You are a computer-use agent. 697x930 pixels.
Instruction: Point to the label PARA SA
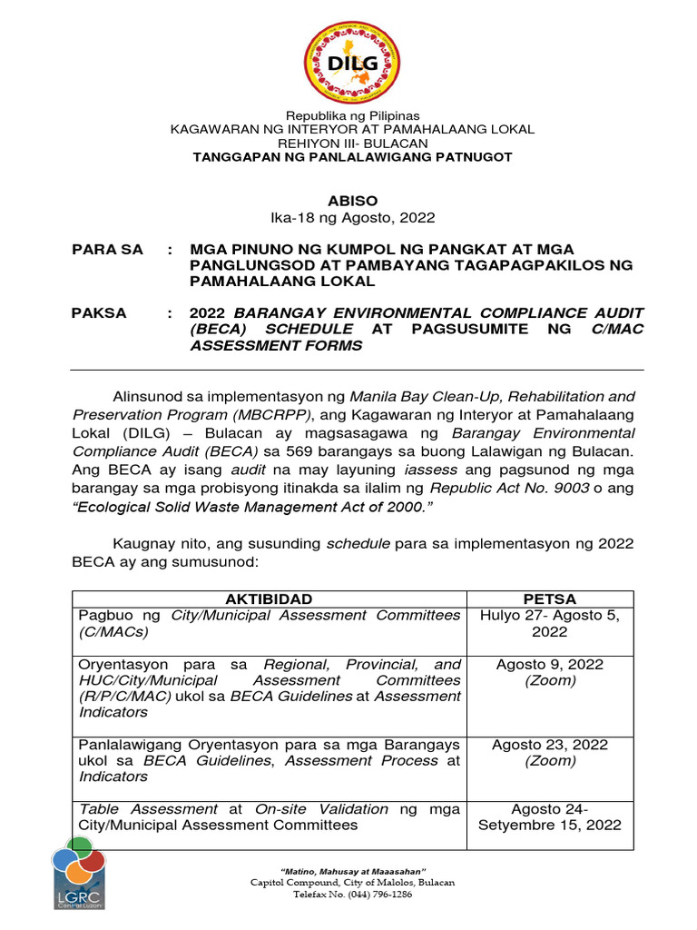pyautogui.click(x=107, y=250)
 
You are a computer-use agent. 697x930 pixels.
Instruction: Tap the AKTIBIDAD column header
pyautogui.click(x=269, y=599)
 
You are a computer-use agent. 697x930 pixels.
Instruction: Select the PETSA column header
pyautogui.click(x=549, y=599)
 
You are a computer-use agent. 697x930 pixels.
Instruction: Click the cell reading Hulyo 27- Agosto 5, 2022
pyautogui.click(x=549, y=624)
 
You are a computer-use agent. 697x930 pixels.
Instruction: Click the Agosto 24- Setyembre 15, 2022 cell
pyautogui.click(x=549, y=816)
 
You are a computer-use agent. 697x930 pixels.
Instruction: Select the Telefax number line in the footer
pyautogui.click(x=353, y=895)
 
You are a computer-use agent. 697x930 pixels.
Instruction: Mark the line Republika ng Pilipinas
pyautogui.click(x=353, y=115)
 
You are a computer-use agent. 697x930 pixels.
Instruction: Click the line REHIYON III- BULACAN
pyautogui.click(x=353, y=143)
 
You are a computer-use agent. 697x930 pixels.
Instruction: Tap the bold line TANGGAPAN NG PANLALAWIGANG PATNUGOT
pyautogui.click(x=353, y=158)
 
